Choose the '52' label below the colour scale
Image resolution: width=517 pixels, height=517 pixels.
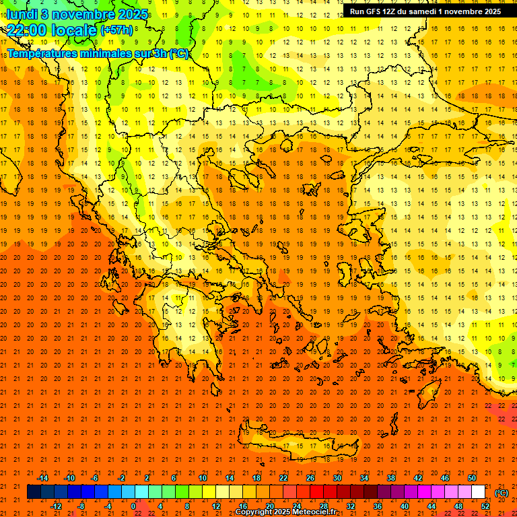485,506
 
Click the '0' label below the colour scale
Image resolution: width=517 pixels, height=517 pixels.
133,506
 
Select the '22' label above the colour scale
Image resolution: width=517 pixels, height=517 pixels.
283,478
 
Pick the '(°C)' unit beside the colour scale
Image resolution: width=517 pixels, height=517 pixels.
502,493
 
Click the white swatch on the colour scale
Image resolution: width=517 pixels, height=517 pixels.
478,492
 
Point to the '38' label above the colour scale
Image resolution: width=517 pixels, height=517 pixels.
390,478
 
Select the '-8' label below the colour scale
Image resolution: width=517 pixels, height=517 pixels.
81,506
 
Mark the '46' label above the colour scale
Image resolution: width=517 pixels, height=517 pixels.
444,478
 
